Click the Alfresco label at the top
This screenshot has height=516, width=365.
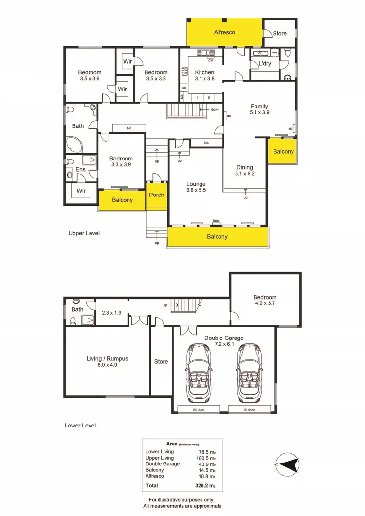coord(225,32)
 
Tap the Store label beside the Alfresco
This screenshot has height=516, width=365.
coord(279,33)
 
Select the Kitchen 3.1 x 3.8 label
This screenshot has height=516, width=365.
coord(204,75)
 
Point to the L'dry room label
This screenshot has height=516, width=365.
coord(265,64)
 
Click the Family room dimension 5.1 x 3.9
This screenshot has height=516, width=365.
coord(259,112)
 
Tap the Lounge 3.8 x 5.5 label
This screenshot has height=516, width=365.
coord(196,187)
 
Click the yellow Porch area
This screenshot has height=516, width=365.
coord(157,195)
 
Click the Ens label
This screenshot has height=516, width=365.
coord(80,169)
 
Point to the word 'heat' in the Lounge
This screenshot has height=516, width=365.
coord(216,221)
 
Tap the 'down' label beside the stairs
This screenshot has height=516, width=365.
coord(215,109)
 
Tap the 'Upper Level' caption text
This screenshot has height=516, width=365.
coord(84,233)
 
